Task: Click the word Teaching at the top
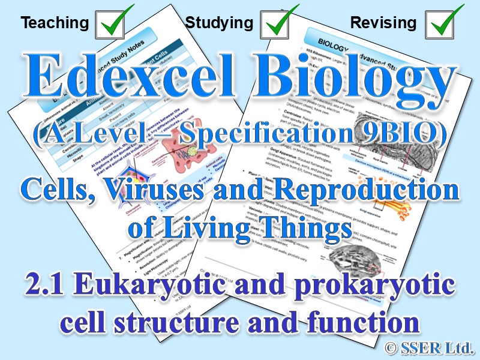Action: (55, 23)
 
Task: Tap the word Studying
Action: (219, 23)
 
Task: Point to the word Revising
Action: (383, 23)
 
